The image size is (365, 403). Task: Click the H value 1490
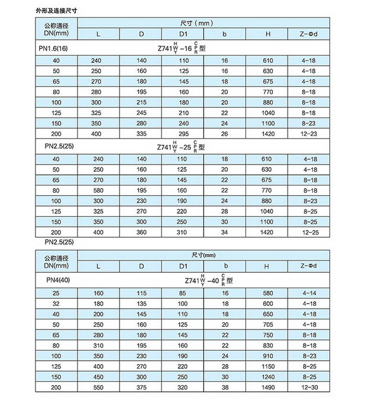(x=268, y=387)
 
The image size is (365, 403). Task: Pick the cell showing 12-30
(x=310, y=387)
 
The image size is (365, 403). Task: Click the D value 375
(x=141, y=387)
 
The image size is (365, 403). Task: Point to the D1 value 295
(x=183, y=134)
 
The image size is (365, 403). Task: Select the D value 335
(x=141, y=134)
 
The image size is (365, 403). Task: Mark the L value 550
(x=99, y=387)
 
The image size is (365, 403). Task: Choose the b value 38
(x=224, y=387)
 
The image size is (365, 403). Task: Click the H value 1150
(x=268, y=366)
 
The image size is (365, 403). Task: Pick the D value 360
(x=141, y=232)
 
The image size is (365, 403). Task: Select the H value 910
(x=268, y=355)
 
